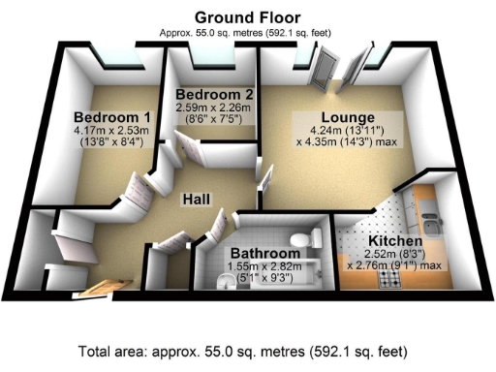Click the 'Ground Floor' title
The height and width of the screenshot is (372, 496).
click(247, 16)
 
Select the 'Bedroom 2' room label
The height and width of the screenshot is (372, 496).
click(214, 94)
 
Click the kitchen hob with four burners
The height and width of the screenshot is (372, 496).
click(391, 280)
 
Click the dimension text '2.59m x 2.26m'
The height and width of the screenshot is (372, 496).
click(214, 108)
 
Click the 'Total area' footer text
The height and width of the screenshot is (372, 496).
click(247, 350)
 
